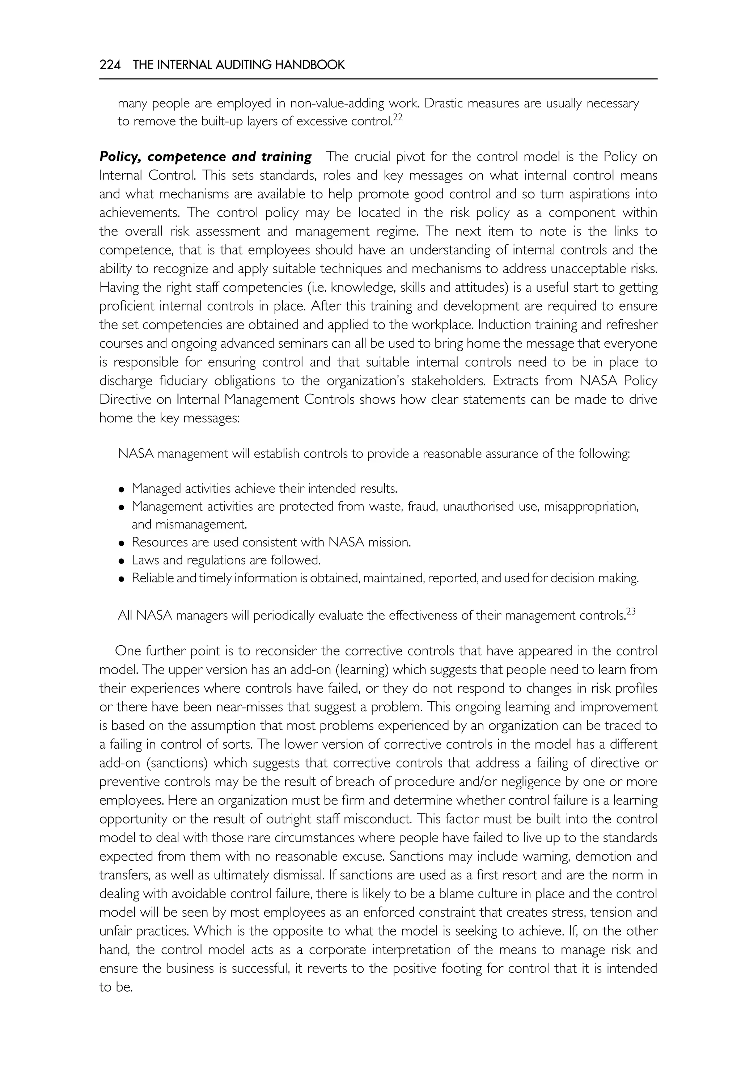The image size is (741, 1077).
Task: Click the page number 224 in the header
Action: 110,65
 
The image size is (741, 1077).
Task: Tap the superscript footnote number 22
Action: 397,118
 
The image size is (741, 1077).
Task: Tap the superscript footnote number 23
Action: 631,612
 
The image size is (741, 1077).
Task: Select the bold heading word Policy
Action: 120,157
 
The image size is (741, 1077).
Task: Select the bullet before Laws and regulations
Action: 122,561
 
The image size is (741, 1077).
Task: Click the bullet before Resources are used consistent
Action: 122,543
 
